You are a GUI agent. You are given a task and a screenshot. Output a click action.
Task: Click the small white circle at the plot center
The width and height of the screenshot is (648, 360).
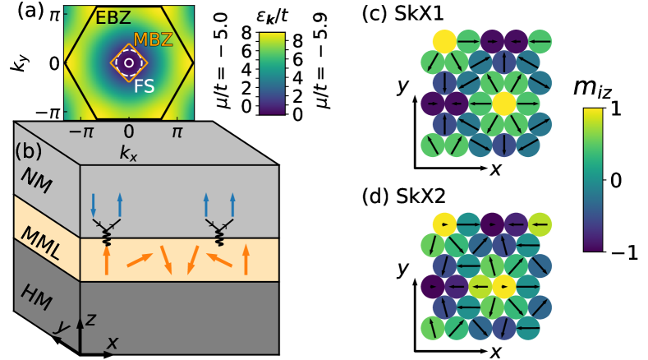[x=128, y=62]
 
